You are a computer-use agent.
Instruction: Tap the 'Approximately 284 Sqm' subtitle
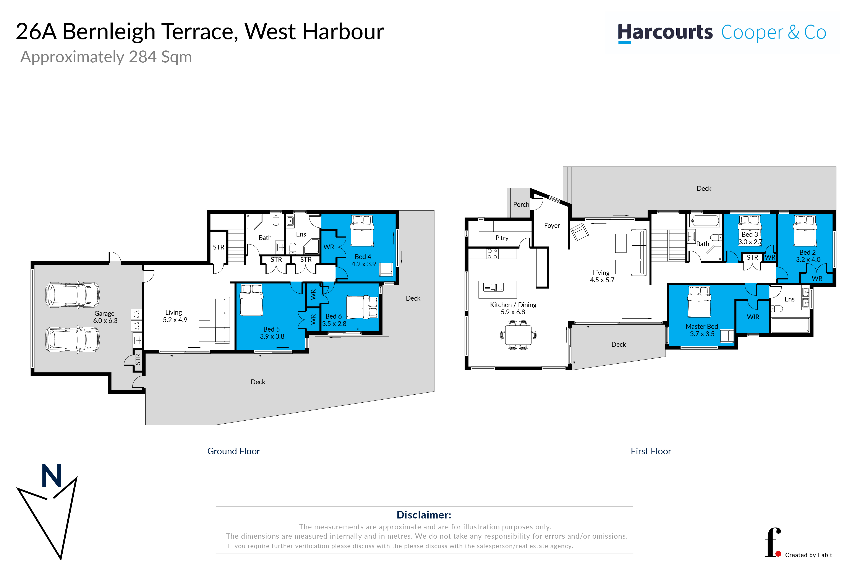pos(106,57)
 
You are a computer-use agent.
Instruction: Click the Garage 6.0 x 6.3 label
pos(105,317)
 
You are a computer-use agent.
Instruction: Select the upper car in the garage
pos(72,295)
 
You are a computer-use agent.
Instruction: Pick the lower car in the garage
pos(72,340)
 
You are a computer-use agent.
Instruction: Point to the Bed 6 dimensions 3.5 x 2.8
pos(334,324)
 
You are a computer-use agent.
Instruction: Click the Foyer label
pos(552,226)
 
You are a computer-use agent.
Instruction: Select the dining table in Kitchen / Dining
pos(518,335)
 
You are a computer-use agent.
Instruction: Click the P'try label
pos(502,238)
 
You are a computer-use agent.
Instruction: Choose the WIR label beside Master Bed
pos(753,317)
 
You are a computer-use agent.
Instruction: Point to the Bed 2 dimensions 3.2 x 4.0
pos(808,260)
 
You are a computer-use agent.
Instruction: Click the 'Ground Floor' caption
pos(234,451)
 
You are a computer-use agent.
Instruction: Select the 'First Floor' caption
pos(651,451)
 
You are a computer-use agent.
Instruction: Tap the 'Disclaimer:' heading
pos(424,515)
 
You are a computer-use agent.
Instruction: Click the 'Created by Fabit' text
pos(808,555)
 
